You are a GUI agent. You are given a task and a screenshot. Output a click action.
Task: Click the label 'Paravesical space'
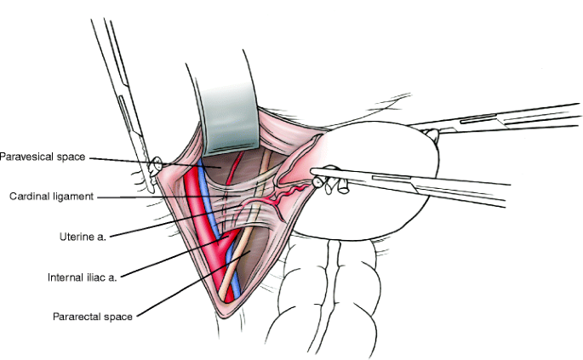point(43,157)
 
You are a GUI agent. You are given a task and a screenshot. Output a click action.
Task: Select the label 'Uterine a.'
point(84,233)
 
